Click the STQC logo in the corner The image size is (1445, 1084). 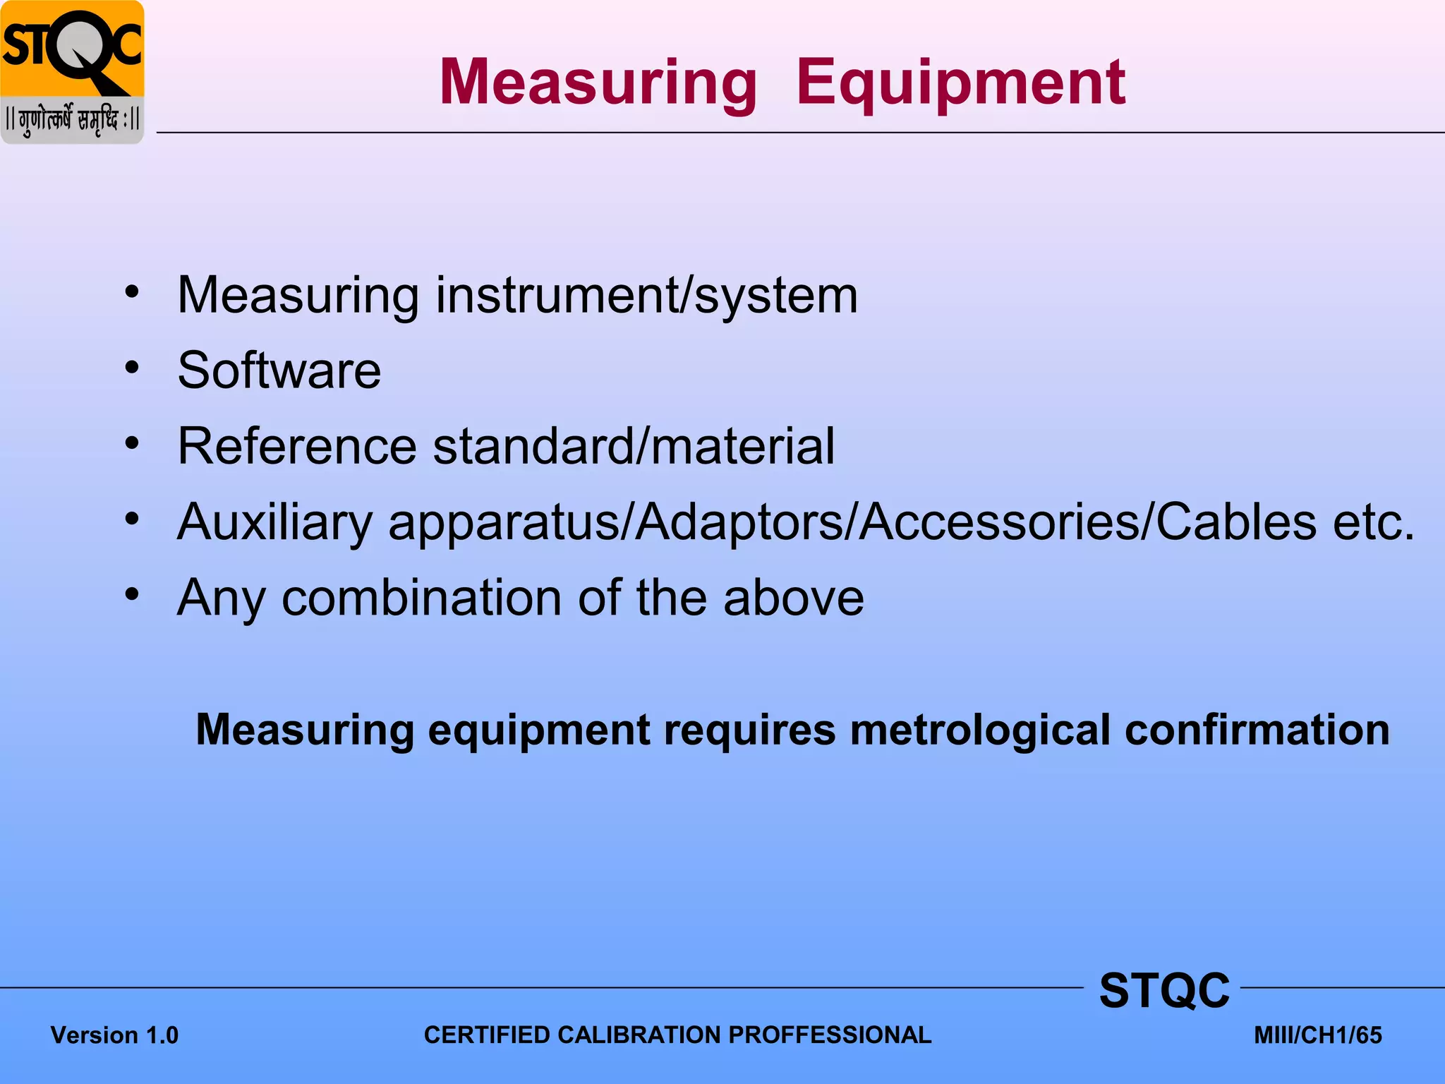point(72,72)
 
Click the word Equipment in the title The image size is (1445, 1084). point(960,83)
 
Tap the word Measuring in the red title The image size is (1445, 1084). point(598,83)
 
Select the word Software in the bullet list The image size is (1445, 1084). point(279,370)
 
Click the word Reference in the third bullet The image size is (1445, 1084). point(297,446)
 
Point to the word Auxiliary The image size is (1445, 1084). point(274,522)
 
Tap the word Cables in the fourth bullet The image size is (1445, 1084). point(1236,522)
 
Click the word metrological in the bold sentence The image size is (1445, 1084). point(980,730)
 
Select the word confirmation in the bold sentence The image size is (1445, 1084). point(1257,730)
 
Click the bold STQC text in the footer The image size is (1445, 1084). point(1164,990)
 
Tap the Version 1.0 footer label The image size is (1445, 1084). point(114,1035)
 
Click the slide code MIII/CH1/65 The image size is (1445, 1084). point(1317,1035)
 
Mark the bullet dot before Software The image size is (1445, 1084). point(132,367)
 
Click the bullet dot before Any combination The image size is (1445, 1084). point(132,594)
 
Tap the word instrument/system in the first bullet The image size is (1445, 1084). point(646,295)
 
